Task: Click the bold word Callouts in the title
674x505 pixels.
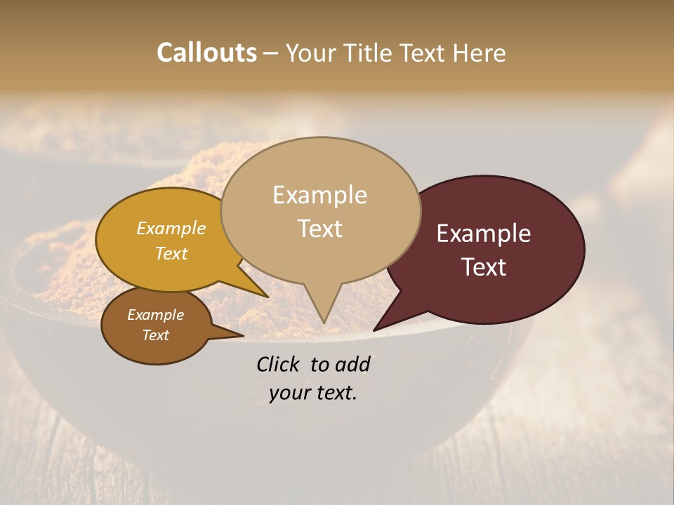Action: (x=206, y=53)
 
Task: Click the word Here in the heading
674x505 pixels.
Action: (x=480, y=53)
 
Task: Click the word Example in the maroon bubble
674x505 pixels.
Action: (x=484, y=234)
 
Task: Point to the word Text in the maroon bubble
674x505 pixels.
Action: (x=484, y=267)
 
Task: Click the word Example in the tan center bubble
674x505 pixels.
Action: (x=319, y=195)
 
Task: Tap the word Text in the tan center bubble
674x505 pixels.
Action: (x=319, y=229)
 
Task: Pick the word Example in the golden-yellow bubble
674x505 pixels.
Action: (x=171, y=228)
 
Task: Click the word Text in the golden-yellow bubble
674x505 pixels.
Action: (x=171, y=253)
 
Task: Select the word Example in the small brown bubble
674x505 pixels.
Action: (x=155, y=315)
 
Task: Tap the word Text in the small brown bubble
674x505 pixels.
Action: (x=155, y=335)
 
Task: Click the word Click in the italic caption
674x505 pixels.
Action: (x=278, y=364)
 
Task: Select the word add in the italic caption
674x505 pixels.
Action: (x=352, y=364)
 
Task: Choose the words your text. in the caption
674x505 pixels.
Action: (x=312, y=393)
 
